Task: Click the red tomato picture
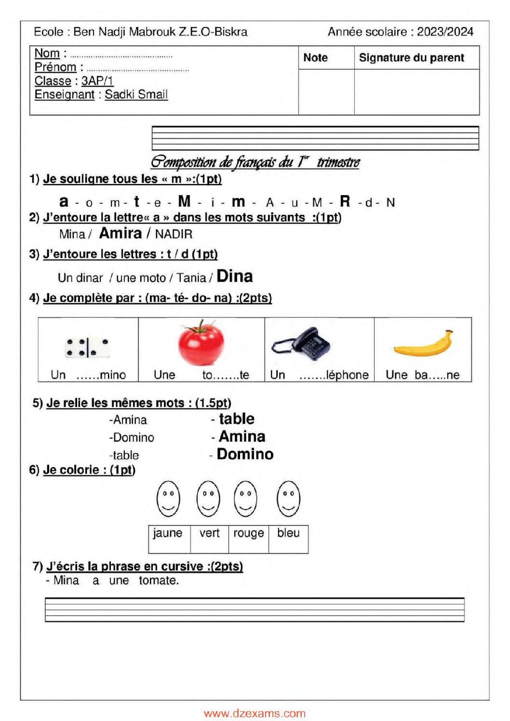coord(201,343)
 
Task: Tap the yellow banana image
coord(423,344)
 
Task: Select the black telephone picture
coord(301,344)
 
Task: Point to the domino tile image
coord(87,348)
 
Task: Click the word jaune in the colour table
coord(168,533)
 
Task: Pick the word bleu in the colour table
coord(288,533)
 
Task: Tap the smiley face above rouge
coord(245,498)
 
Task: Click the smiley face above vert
coord(208,498)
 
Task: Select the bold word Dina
coord(235,276)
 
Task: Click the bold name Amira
coord(121,233)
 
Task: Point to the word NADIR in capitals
coord(174,235)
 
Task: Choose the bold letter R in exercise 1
coord(345,201)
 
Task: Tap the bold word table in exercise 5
coord(237,419)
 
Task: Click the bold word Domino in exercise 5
coord(245,454)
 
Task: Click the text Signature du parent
coord(411,58)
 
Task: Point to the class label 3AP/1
coord(97,81)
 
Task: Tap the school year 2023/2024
coord(445,31)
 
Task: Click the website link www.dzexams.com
coord(255,714)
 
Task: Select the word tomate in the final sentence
coord(159,580)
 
